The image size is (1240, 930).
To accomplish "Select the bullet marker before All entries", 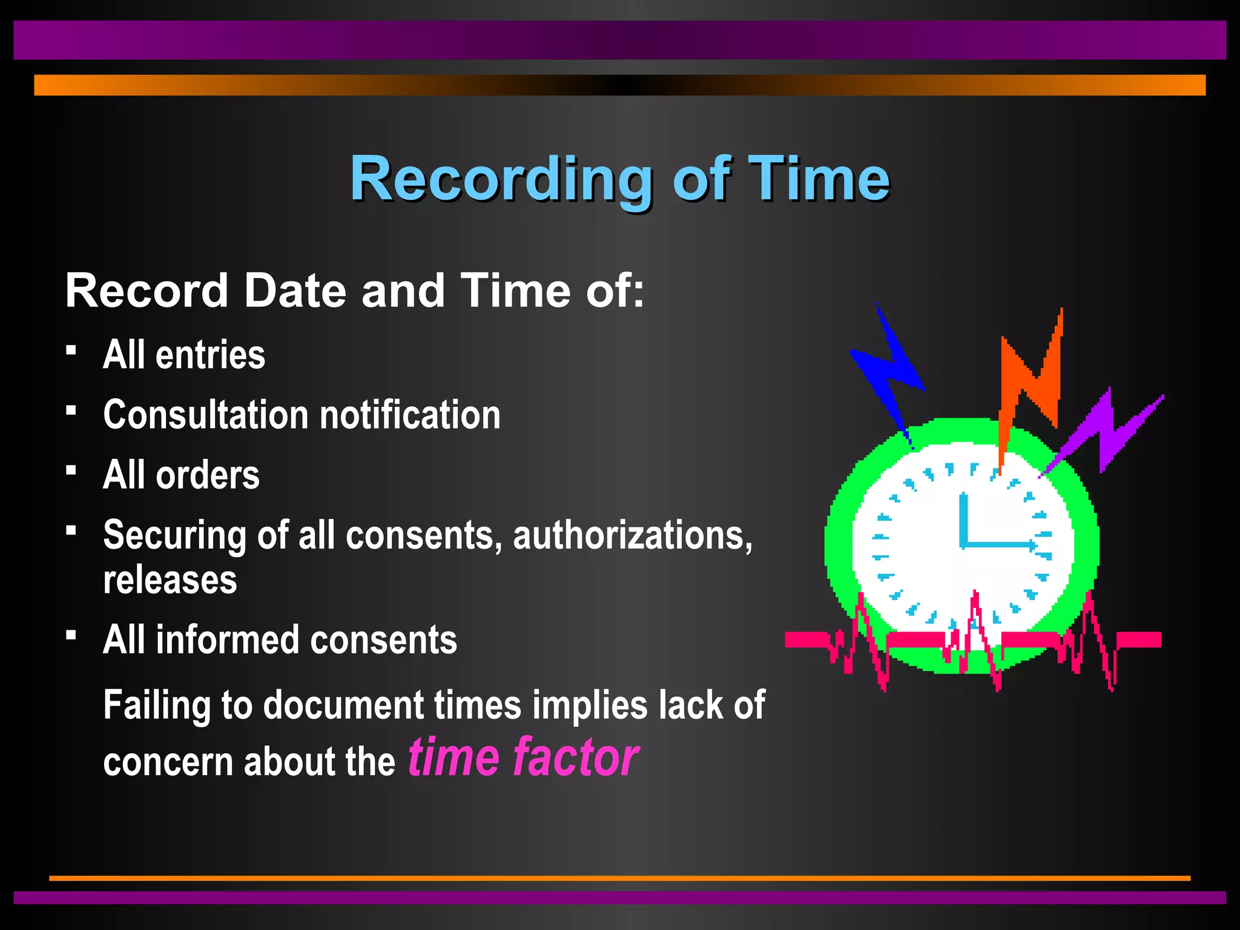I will (x=71, y=351).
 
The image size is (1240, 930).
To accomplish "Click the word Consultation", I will (x=206, y=415).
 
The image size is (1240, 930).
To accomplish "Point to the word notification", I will (x=410, y=415).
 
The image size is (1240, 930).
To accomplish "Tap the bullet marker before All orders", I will (x=71, y=470).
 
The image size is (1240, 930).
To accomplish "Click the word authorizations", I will (x=633, y=535).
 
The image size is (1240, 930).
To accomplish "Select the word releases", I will (x=170, y=580).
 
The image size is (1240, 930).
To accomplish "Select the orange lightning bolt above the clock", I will (x=1029, y=387).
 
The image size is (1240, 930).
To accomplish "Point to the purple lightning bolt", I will (x=1108, y=430).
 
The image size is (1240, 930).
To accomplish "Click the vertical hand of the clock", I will (x=963, y=518).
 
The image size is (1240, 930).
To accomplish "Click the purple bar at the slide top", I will (x=620, y=40).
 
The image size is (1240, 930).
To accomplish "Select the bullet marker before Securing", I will (x=71, y=531).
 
